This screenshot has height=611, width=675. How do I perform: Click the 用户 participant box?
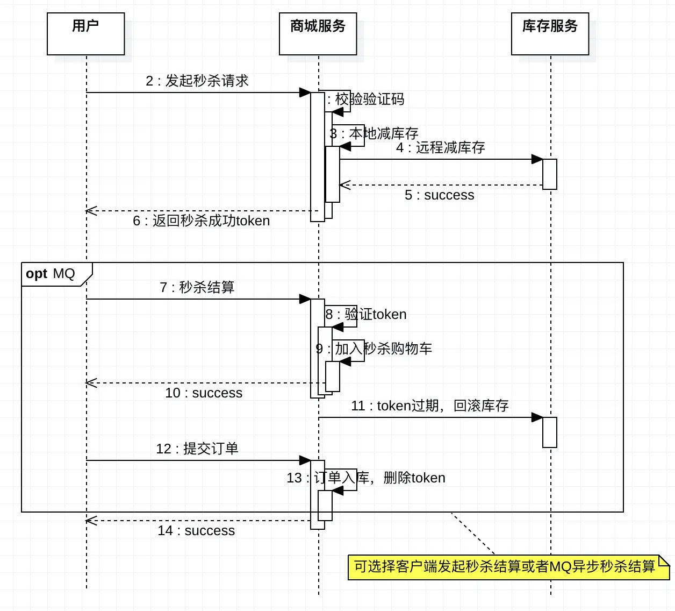tap(86, 34)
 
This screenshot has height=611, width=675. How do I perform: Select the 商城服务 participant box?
tap(318, 34)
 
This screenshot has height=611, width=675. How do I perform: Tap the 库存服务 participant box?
tap(550, 34)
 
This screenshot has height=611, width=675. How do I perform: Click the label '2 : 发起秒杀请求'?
tap(197, 81)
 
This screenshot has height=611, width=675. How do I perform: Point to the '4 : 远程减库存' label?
tap(441, 148)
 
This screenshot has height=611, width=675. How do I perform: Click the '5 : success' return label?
tap(440, 195)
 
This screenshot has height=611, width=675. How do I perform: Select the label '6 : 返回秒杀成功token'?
tap(202, 221)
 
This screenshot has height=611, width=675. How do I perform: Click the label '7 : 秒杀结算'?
tap(197, 288)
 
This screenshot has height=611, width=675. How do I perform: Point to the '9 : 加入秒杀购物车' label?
tap(375, 349)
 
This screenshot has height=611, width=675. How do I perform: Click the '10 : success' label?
tap(204, 393)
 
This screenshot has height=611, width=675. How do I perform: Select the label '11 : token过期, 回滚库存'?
tap(430, 406)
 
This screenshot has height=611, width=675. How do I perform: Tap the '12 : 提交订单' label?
tap(197, 449)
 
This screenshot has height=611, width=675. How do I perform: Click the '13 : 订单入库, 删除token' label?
tap(367, 478)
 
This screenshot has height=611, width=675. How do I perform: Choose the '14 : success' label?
tap(196, 531)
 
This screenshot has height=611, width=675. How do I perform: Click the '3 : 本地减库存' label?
tap(375, 133)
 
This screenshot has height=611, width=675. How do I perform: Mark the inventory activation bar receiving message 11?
tap(550, 432)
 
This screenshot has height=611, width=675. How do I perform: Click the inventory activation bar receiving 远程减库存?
tap(550, 174)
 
